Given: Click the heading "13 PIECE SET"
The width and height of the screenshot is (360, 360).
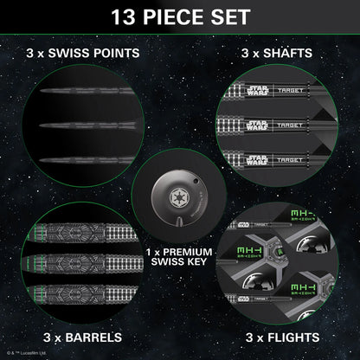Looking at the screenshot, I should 179,16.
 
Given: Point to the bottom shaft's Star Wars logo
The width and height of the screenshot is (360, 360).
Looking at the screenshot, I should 258,159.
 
